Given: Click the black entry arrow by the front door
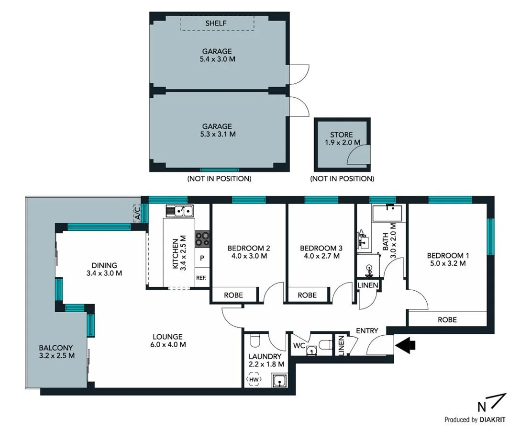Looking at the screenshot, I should tap(405, 344).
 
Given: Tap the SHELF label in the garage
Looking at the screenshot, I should tap(216, 23).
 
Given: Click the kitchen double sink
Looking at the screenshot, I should tap(179, 210).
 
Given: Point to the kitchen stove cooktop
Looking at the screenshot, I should tap(201, 238).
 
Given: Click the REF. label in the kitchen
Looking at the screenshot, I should tap(201, 278).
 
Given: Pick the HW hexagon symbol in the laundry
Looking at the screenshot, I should tap(254, 380).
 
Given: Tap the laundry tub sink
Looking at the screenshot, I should tap(279, 382).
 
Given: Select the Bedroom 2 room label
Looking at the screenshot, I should tap(249, 248).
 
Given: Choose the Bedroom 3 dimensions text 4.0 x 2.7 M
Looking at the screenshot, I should tap(321, 256).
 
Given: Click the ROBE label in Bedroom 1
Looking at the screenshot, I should tap(447, 319).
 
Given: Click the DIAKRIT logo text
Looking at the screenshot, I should tap(497, 420).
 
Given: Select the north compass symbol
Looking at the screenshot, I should tap(493, 403).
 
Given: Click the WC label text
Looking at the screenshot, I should tap(298, 345).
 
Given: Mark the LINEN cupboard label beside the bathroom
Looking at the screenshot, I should tap(368, 285).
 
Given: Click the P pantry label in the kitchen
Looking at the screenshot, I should tap(202, 258).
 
